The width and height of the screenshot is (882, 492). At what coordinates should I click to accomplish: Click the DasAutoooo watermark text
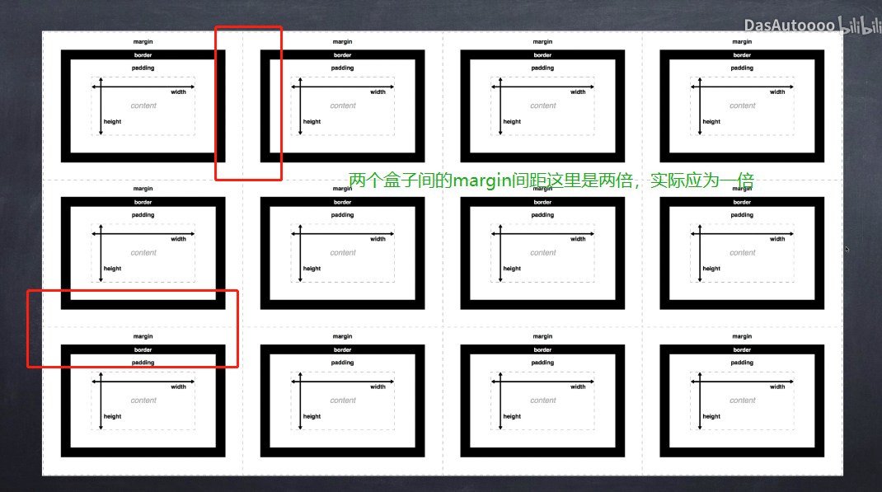tap(789, 26)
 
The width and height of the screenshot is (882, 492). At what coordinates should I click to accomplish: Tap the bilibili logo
tap(860, 26)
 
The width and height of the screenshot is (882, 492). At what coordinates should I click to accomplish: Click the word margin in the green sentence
tap(482, 181)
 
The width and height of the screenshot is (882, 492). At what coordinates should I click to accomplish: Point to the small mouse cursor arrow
tap(847, 249)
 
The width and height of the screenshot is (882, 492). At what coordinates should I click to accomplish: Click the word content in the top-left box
tap(143, 105)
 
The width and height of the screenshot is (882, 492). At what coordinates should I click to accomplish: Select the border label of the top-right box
tap(742, 55)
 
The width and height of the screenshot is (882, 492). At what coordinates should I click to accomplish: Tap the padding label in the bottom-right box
tap(742, 363)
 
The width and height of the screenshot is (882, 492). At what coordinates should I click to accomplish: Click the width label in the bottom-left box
tap(178, 387)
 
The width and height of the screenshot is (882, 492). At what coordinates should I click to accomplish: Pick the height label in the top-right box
tap(711, 121)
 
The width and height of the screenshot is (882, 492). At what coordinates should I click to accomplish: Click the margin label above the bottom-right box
tap(742, 336)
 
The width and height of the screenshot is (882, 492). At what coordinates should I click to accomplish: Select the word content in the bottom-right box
tap(743, 401)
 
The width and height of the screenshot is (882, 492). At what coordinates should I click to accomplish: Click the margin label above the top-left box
tap(143, 41)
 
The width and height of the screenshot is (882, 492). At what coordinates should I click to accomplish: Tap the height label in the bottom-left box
tap(112, 417)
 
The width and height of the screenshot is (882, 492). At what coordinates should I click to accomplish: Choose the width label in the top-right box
tap(777, 91)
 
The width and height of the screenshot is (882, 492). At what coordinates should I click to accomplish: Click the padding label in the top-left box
tap(143, 68)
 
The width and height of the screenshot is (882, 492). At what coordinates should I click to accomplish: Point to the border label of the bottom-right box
tap(742, 349)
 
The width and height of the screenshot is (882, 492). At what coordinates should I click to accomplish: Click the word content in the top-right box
tap(743, 105)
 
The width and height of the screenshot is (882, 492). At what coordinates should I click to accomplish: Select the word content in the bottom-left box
tap(143, 401)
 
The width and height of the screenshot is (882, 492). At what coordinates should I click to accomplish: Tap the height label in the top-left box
tap(112, 121)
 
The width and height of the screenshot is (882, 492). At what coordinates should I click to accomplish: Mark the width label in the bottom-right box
tap(777, 387)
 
